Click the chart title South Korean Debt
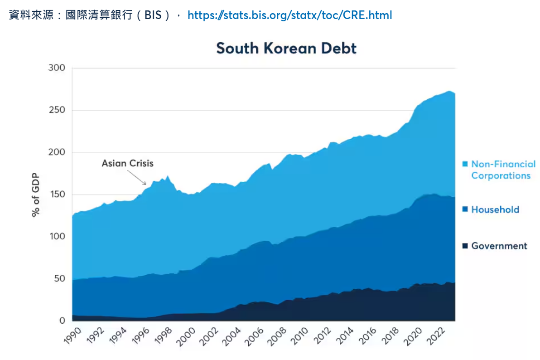286,48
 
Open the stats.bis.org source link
289,15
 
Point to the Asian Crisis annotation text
127,163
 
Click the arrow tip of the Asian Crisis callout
146,184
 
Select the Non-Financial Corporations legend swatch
465,164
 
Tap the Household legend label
495,209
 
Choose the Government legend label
499,246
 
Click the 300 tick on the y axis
57,68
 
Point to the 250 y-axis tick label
57,110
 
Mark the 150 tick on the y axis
57,195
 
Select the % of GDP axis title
35,195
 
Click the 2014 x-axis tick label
347,336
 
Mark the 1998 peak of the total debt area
168,176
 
